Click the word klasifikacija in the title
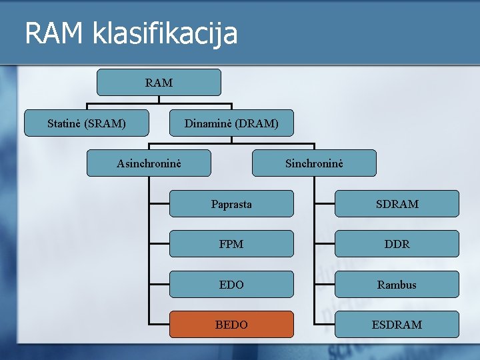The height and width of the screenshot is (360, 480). [163, 33]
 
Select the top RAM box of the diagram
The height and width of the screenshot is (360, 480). [159, 83]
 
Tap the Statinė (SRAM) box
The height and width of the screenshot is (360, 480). [87, 123]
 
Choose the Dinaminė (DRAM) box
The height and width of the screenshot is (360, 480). [231, 123]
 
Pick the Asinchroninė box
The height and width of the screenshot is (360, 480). [149, 163]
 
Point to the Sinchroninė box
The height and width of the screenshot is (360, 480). [314, 163]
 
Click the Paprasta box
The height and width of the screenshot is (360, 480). [231, 204]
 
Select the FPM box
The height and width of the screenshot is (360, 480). [231, 244]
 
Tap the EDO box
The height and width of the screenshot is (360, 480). [231, 285]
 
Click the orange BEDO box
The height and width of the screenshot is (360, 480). [231, 325]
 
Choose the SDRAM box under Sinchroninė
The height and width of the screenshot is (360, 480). [397, 204]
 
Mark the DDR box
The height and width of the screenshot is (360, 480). [397, 244]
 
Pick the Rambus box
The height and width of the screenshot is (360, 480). [397, 285]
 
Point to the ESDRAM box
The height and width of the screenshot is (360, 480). [397, 325]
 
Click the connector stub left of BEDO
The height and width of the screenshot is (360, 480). [159, 325]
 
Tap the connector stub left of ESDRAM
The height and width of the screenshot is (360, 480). [325, 325]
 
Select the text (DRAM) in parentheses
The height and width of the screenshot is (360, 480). [257, 123]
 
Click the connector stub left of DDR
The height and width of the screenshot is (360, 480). [325, 244]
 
